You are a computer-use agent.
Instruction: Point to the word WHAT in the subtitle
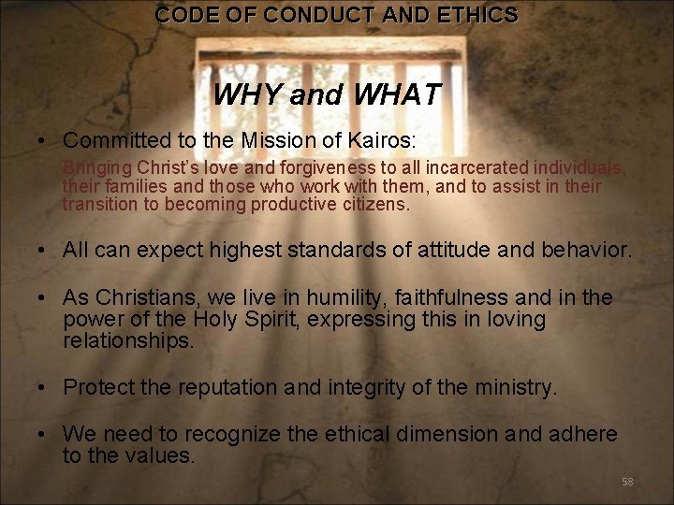pyautogui.click(x=395, y=95)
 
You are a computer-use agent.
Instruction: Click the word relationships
pyautogui.click(x=128, y=340)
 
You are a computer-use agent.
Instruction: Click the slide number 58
pyautogui.click(x=627, y=482)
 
